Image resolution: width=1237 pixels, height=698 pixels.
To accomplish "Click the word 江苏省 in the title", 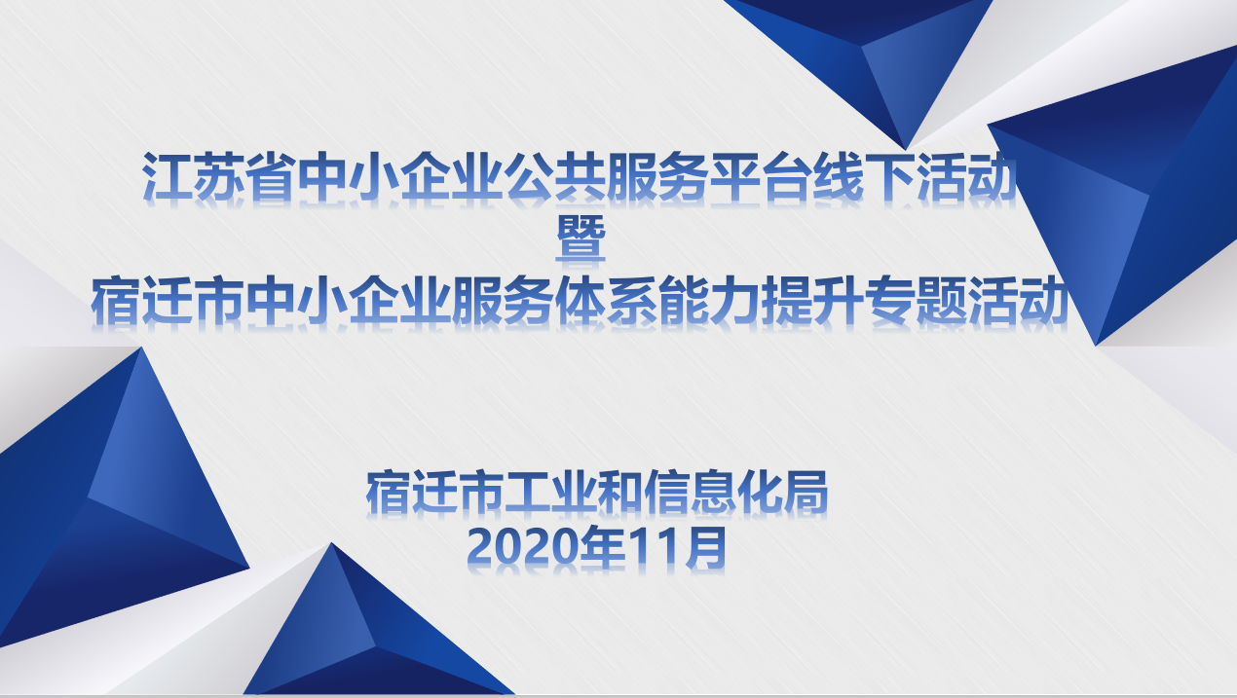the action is tap(219, 176).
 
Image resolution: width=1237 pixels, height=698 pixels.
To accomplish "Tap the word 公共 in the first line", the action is tap(557, 176).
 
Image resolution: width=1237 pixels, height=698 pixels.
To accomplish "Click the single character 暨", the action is tap(581, 238).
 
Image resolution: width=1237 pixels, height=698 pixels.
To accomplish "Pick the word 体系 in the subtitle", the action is tap(606, 301).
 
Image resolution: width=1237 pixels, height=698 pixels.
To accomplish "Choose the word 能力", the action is tap(709, 301).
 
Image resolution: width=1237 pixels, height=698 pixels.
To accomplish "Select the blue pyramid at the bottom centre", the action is tap(364, 635).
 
